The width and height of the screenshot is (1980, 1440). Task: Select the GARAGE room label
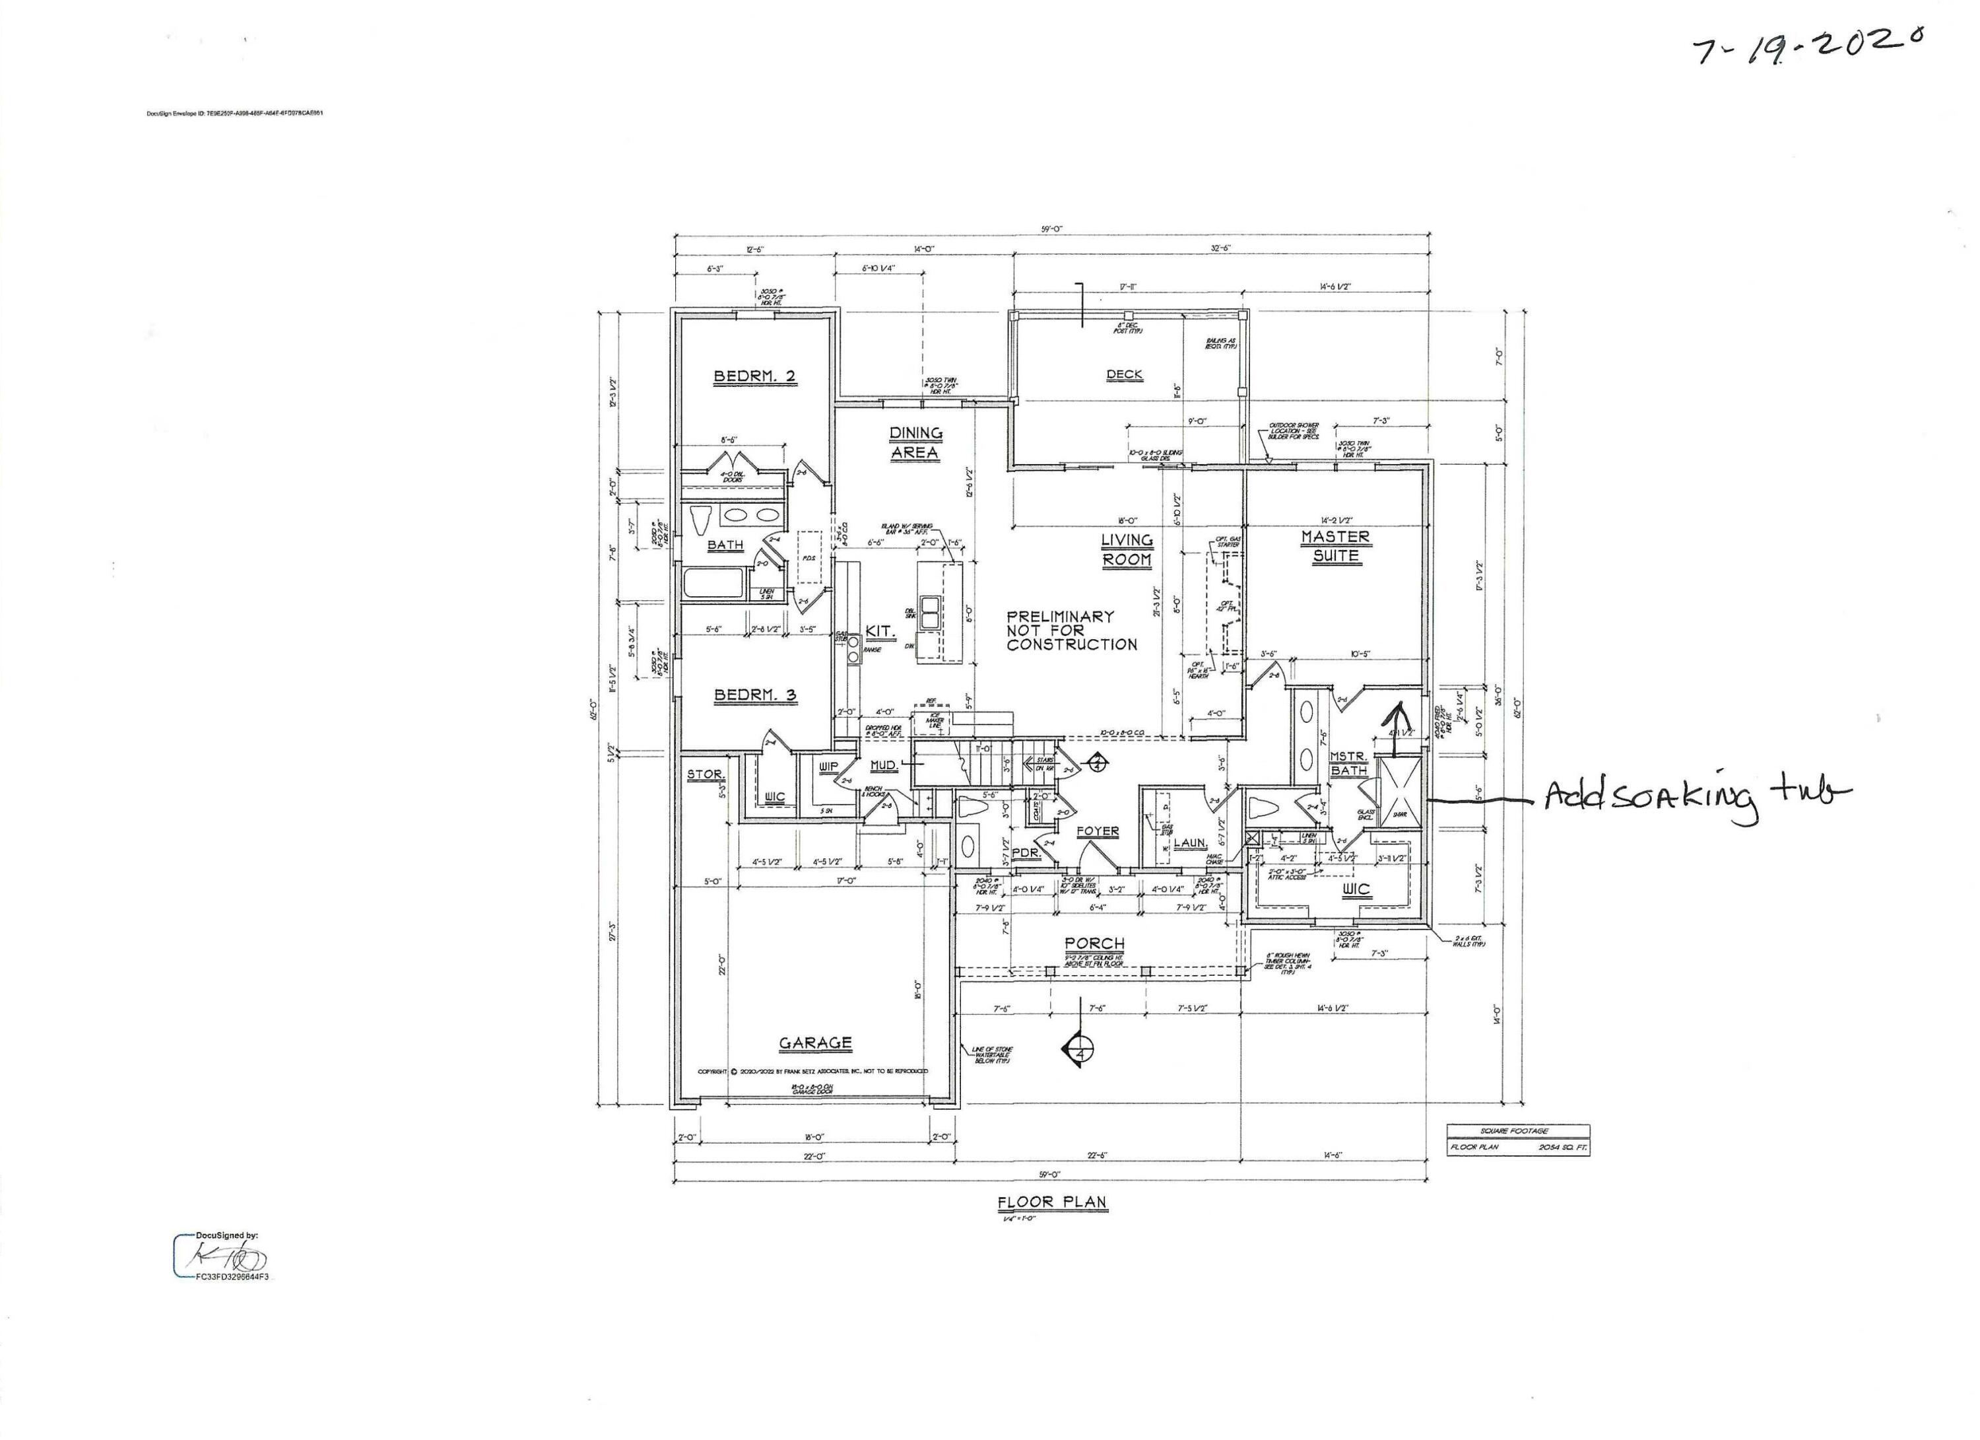[814, 1043]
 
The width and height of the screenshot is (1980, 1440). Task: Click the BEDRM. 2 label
[754, 376]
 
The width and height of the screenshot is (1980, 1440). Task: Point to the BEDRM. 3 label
[754, 695]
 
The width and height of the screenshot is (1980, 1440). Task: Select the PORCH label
[1094, 944]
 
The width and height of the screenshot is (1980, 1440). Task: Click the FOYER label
[1098, 831]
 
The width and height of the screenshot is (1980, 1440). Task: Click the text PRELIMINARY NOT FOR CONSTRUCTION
[1071, 631]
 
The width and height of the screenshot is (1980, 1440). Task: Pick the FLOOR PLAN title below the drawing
[1052, 1202]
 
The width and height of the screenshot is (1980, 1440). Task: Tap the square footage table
[1518, 1140]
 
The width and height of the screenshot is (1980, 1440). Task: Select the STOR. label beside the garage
[704, 774]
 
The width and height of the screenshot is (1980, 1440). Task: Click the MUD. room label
[884, 766]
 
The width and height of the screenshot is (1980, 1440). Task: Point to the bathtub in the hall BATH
[714, 584]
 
